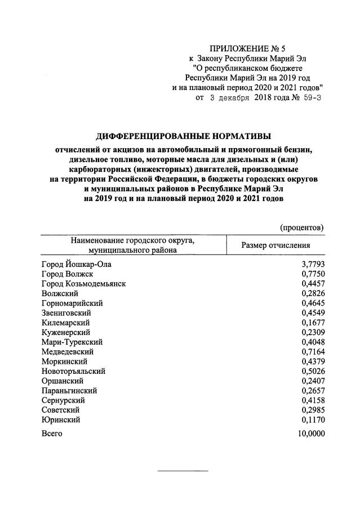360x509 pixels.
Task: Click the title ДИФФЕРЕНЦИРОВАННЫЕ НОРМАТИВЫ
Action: [x=183, y=136]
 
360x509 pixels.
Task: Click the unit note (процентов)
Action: [x=302, y=227]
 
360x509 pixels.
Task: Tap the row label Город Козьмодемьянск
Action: [x=83, y=283]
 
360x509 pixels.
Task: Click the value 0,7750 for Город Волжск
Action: [x=312, y=274]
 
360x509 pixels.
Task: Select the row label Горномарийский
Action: [x=72, y=303]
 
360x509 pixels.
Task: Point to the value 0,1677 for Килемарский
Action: [x=312, y=323]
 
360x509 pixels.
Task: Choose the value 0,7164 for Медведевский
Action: [x=312, y=352]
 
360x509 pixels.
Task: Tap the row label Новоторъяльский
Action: [x=73, y=371]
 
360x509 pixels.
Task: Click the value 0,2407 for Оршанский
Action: [x=312, y=381]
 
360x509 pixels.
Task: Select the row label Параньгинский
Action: [x=69, y=391]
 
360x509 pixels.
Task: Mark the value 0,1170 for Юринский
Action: [x=312, y=420]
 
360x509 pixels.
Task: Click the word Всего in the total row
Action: [x=52, y=434]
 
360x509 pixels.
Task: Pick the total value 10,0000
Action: [x=309, y=434]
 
